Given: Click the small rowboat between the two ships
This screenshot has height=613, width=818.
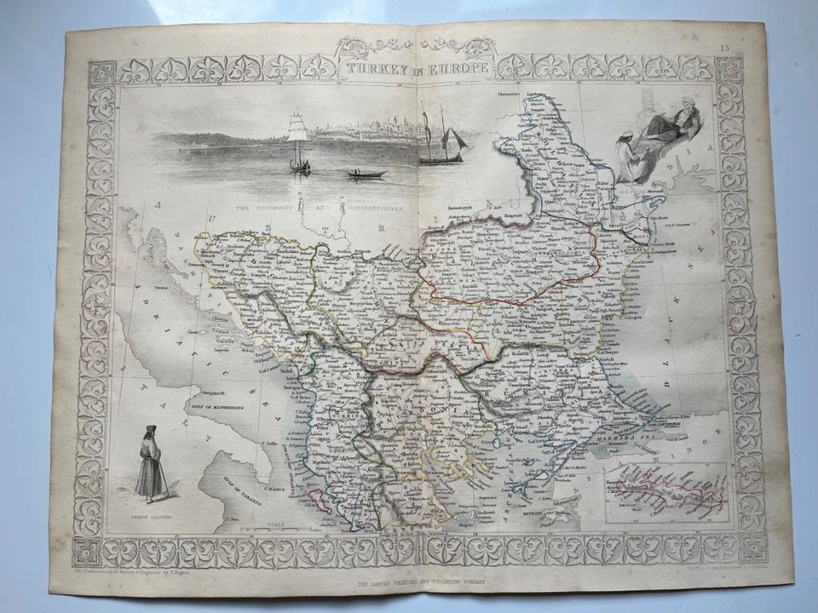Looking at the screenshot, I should coord(366,173).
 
